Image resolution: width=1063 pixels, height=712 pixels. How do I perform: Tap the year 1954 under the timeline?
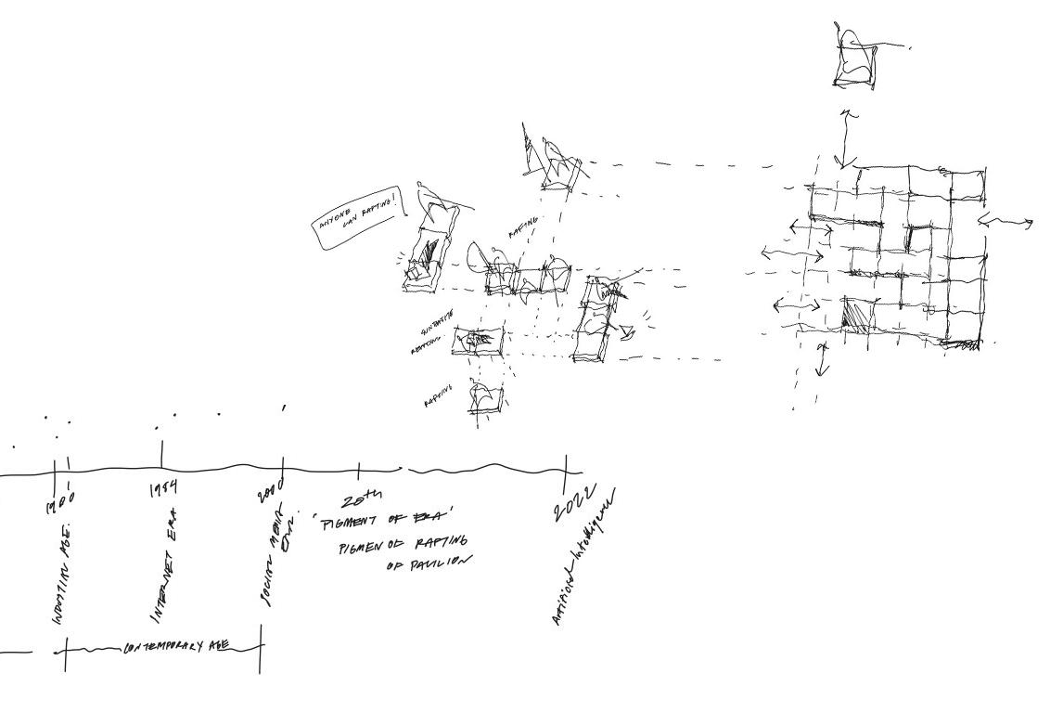[163, 489]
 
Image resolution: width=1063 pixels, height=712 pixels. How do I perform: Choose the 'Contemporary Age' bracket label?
[175, 648]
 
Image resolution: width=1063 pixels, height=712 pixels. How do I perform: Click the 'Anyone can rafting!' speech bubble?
[360, 217]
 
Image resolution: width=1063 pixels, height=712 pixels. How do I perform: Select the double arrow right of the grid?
[1005, 221]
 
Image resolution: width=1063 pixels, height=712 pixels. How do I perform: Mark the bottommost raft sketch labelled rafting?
[485, 398]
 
